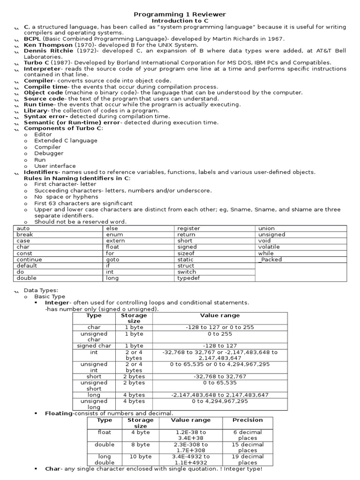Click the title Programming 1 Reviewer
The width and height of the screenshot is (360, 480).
[x=180, y=15]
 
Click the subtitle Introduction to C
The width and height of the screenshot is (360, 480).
[x=180, y=21]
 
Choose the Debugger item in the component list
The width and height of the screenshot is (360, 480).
[x=48, y=153]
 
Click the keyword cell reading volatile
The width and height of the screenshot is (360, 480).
[x=269, y=247]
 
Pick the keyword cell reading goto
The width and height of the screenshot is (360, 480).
[x=113, y=259]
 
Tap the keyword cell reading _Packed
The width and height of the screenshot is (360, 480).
[x=270, y=259]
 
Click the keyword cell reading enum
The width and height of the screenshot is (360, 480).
[x=115, y=234]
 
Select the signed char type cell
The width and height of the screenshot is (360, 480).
[x=94, y=346]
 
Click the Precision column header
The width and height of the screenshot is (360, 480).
[x=247, y=420]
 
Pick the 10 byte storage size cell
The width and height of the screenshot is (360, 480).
[x=141, y=456]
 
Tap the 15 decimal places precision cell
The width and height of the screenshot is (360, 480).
[x=247, y=447]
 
